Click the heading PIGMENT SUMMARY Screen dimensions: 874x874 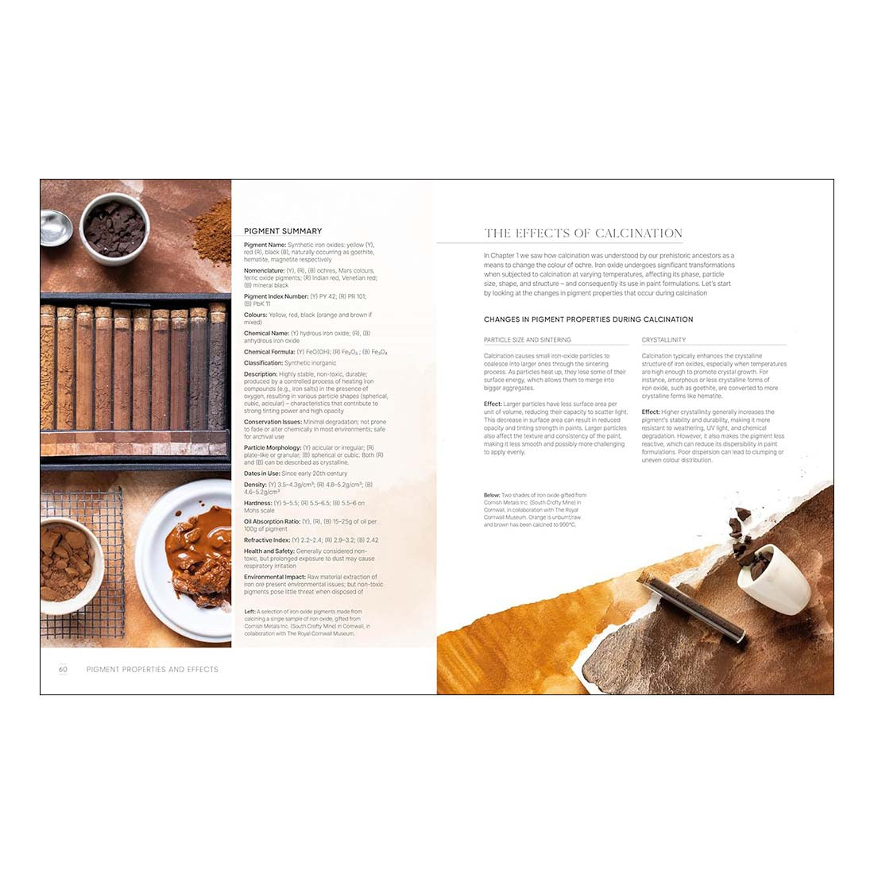click(283, 231)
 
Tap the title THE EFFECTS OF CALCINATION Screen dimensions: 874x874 click(583, 233)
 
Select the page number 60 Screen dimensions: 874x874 click(63, 669)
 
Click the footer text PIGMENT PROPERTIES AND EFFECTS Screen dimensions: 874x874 click(152, 669)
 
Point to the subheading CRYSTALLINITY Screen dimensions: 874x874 click(663, 340)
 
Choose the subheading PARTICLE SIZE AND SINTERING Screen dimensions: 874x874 click(527, 340)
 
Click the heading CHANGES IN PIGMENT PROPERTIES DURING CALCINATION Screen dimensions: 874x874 click(588, 319)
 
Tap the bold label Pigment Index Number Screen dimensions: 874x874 click(276, 296)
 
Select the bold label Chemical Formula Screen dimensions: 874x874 click(269, 352)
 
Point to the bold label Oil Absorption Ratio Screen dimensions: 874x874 click(272, 522)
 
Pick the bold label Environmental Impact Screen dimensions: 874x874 click(275, 577)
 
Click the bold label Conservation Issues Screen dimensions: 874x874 click(273, 422)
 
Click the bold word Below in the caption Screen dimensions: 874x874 click(492, 495)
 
